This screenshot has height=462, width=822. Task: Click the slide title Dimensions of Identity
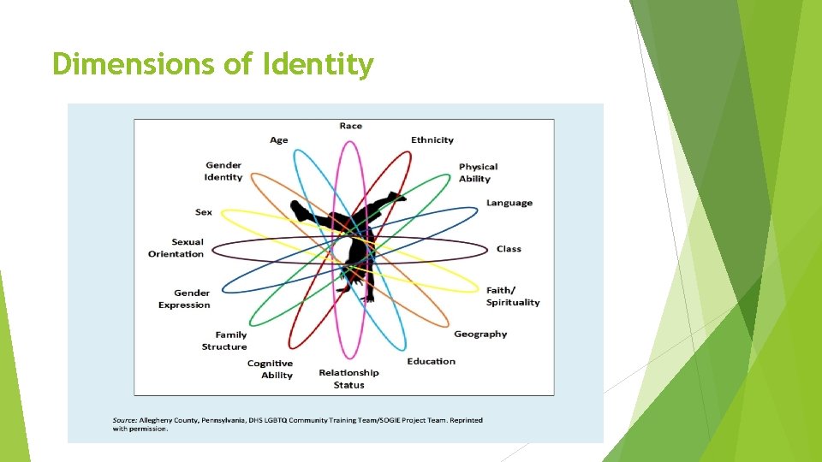click(x=212, y=64)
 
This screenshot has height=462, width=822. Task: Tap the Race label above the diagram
click(x=350, y=126)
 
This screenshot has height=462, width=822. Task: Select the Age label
click(x=279, y=139)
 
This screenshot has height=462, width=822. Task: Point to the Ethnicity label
click(x=432, y=139)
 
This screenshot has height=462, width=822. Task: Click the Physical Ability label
click(x=478, y=173)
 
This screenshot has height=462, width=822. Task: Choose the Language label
click(x=509, y=203)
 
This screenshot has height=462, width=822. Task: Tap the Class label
click(x=509, y=249)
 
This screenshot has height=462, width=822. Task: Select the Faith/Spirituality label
click(x=513, y=296)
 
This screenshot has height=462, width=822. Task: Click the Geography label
click(x=480, y=334)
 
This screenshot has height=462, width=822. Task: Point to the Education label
click(x=432, y=361)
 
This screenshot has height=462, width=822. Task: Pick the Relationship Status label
click(x=348, y=378)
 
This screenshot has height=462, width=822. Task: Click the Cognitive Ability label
click(x=270, y=369)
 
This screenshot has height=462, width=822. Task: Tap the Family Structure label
click(x=224, y=341)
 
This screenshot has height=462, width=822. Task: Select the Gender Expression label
click(x=184, y=299)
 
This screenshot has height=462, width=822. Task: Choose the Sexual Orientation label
click(x=176, y=248)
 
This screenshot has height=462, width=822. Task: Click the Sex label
click(x=204, y=212)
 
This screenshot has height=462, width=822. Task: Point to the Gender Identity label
click(x=223, y=171)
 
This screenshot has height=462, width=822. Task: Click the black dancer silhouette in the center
click(x=351, y=240)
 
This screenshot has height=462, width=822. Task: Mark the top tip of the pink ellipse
click(x=349, y=141)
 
